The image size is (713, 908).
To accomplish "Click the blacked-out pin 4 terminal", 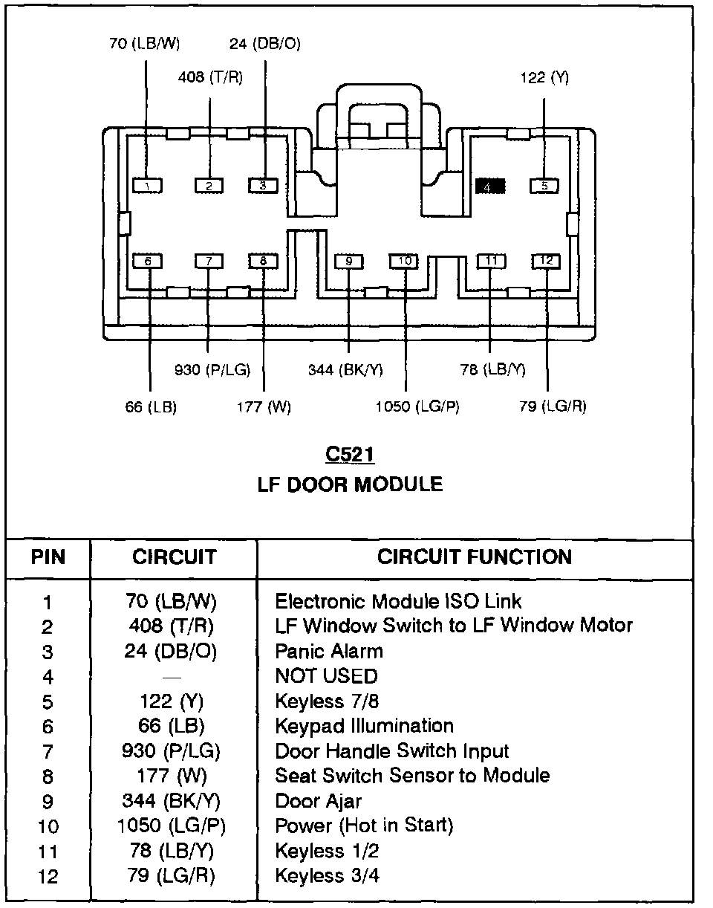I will pos(490,186).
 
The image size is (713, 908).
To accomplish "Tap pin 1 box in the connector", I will pos(148,186).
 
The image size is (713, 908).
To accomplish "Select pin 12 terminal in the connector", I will pos(546,261).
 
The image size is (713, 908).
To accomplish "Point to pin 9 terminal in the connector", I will pos(348,262).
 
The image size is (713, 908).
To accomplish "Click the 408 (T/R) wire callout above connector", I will pos(210,77).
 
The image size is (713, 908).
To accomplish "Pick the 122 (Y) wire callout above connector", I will pos(544,77).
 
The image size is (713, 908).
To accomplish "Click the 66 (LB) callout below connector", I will pos(151,407).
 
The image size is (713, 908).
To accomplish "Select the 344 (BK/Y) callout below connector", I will pos(346,369).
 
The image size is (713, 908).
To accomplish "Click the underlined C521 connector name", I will pos(349,454).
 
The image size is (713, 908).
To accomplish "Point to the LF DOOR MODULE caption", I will pos(350,484).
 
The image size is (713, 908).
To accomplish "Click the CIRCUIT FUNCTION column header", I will pos(475,557).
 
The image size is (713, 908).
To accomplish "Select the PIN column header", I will pos(48,557).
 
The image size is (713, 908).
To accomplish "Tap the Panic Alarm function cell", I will pos(329,652).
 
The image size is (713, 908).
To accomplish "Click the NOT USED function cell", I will pos(326,676).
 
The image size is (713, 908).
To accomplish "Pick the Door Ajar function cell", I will pos(319,801).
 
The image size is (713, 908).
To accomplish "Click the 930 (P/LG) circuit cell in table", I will pos(171,751).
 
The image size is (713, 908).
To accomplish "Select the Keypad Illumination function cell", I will pos(364,726).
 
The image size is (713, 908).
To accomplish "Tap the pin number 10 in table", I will pos(48,827).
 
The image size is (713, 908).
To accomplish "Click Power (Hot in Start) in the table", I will pos(364,826).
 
